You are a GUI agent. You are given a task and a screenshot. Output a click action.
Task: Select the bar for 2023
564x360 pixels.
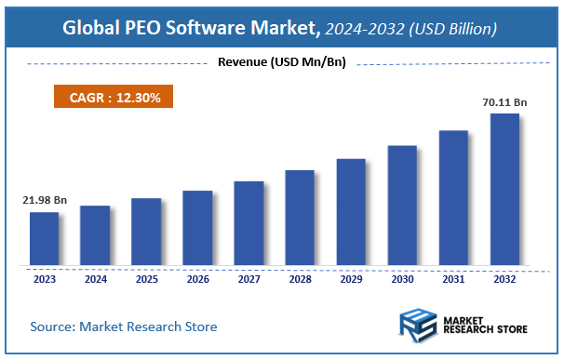coord(44,238)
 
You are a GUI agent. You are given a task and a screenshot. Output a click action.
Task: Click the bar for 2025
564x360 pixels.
coord(146,232)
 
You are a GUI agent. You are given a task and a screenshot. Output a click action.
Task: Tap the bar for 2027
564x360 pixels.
coord(248,223)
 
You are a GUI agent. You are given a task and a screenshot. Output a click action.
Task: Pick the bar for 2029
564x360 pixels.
coord(351,212)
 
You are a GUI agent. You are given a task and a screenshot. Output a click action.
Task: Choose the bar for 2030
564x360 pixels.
coord(402,206)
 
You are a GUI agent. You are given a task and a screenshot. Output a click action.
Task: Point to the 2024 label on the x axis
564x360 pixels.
coord(95,277)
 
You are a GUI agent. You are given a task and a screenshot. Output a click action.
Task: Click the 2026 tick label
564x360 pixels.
coord(197,277)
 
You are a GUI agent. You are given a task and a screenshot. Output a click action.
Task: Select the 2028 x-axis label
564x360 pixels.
coord(300,277)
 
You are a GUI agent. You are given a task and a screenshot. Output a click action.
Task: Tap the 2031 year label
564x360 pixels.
coord(453,277)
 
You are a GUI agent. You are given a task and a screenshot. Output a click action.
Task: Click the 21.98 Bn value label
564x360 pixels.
coord(43,200)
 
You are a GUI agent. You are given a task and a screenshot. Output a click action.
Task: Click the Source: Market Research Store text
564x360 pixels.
coord(124,327)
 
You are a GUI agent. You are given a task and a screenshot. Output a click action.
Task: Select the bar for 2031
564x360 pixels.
coord(453,198)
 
